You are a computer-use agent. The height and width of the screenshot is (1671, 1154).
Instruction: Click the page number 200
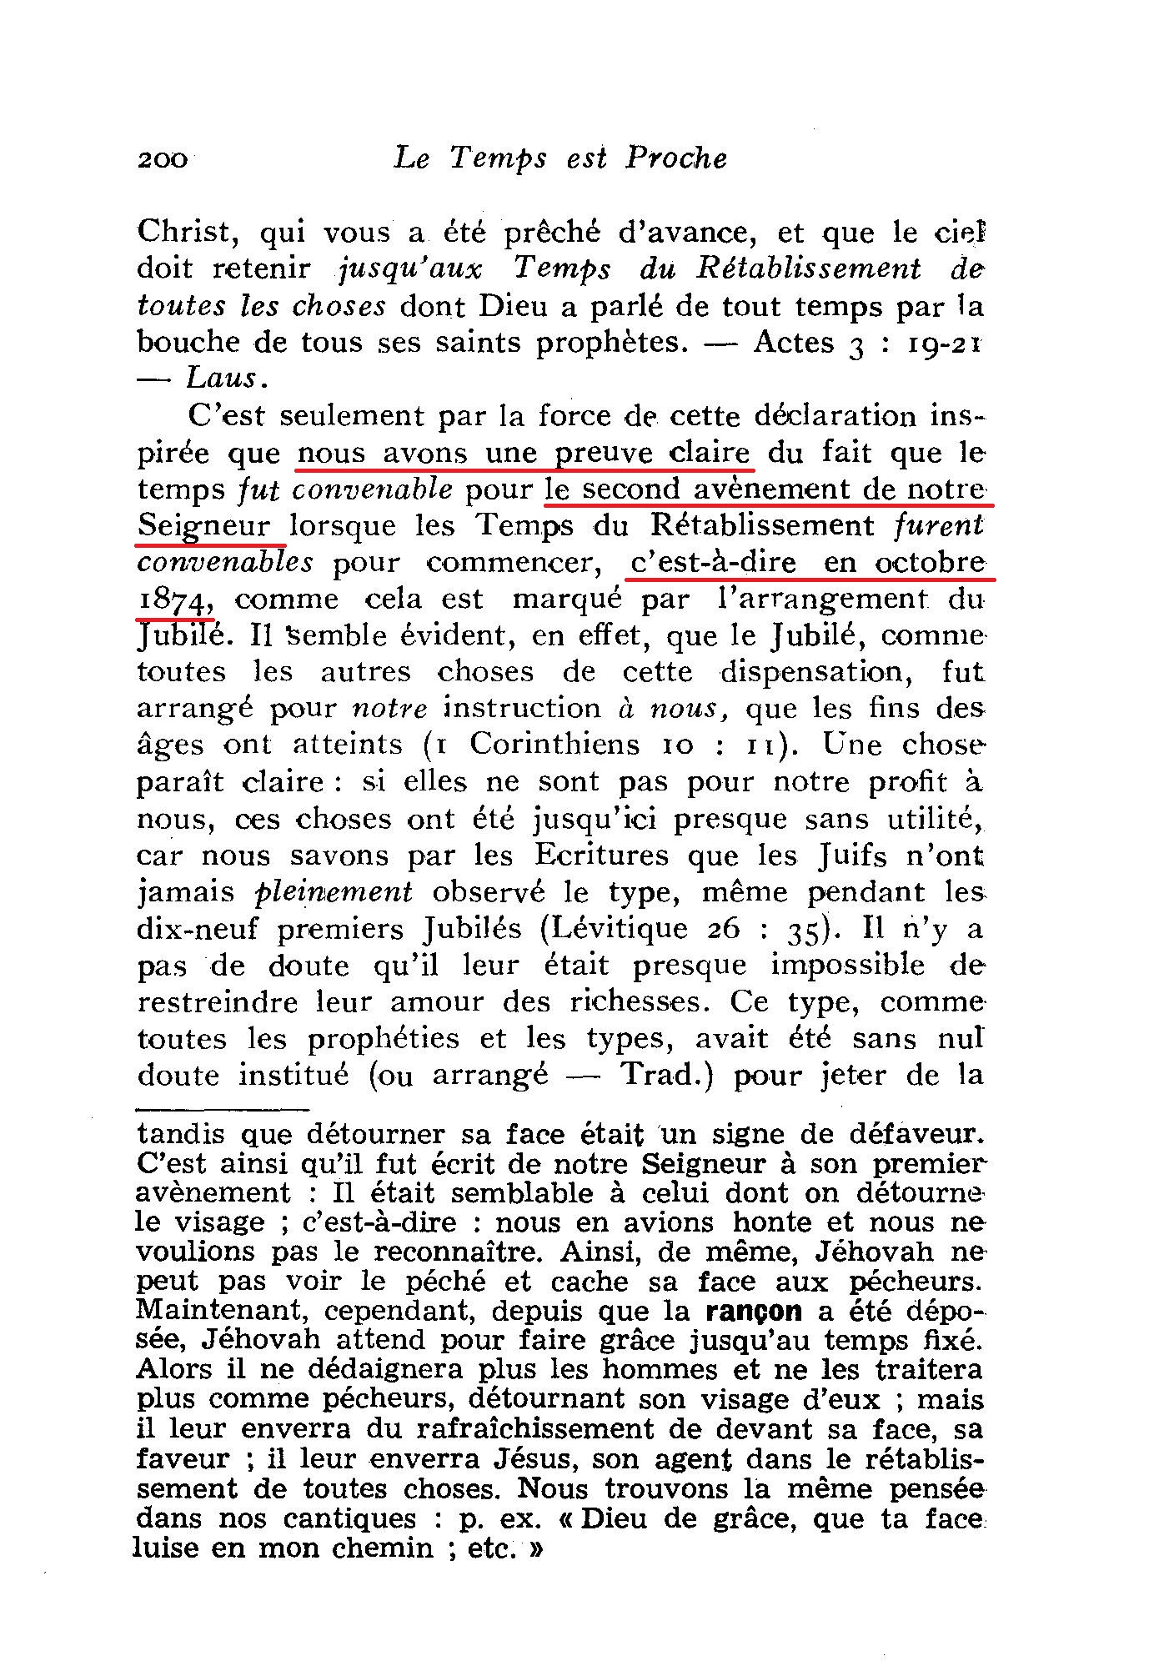pos(163,158)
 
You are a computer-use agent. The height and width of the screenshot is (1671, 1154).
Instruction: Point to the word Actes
pos(794,342)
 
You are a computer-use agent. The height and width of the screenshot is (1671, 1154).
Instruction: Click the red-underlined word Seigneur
pos(205,526)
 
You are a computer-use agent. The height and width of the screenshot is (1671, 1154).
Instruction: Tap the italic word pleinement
pos(333,892)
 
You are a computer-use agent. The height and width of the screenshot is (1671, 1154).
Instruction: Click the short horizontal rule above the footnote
pos(223,1109)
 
